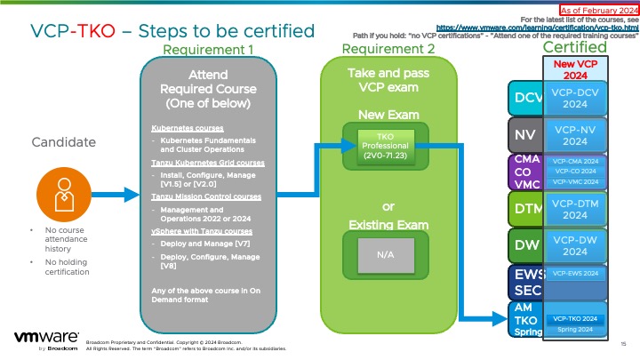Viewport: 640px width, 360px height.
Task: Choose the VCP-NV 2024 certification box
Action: pyautogui.click(x=573, y=135)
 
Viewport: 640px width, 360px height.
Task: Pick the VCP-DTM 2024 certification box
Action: pyautogui.click(x=573, y=208)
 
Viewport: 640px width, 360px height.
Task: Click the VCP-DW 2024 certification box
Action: pyautogui.click(x=573, y=244)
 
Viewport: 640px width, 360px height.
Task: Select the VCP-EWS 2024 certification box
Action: pyautogui.click(x=573, y=274)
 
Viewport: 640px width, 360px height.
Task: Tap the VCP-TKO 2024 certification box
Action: pyautogui.click(x=573, y=318)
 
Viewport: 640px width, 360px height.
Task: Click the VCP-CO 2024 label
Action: pyautogui.click(x=573, y=171)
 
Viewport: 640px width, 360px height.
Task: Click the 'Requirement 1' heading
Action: pyautogui.click(x=209, y=49)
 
